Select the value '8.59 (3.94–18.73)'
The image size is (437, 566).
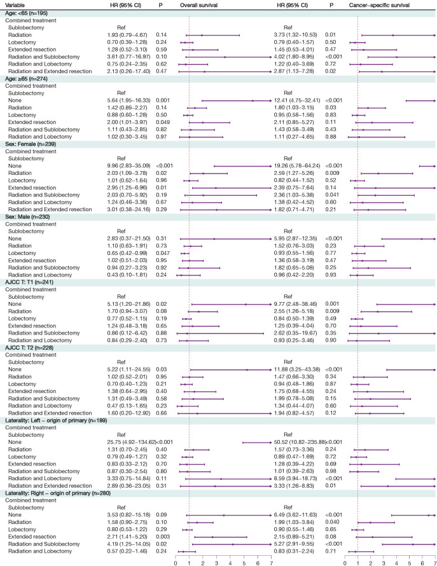[x=288, y=495]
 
